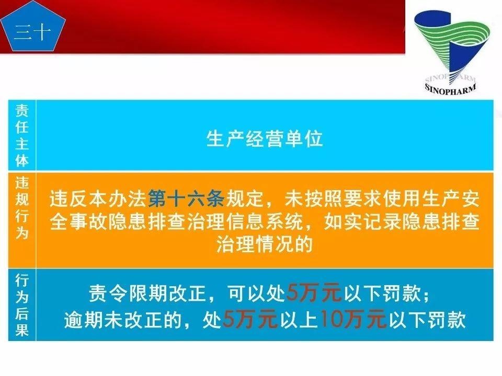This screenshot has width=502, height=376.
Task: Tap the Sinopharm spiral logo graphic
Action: [451, 47]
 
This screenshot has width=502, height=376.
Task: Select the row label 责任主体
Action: [21, 135]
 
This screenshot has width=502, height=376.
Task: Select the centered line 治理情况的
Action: [265, 245]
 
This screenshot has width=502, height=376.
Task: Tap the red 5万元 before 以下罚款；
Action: [313, 294]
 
